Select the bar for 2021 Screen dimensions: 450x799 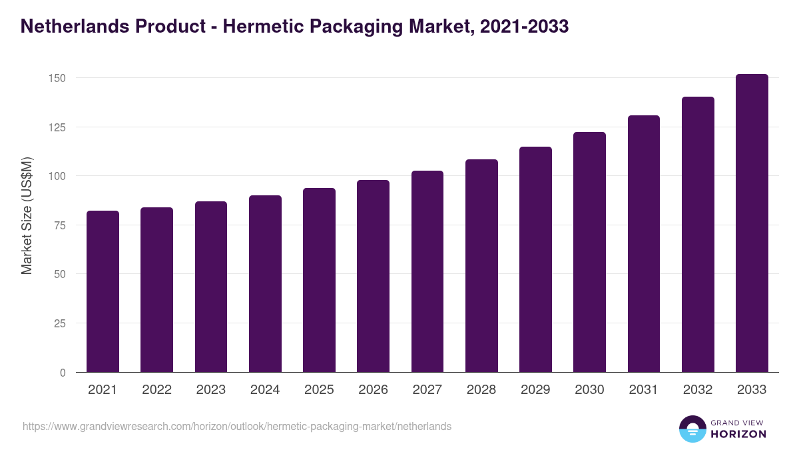point(103,291)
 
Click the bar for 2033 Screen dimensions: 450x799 point(752,223)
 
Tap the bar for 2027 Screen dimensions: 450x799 point(427,271)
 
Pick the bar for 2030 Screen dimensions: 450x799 point(589,252)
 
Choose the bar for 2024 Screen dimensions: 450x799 point(265,283)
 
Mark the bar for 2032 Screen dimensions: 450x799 point(698,235)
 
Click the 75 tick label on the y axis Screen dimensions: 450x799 point(60,225)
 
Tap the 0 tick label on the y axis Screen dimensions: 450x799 point(63,373)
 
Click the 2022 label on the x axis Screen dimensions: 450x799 point(156,390)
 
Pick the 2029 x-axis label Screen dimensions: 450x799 point(535,390)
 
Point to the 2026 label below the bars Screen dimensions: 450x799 point(373,390)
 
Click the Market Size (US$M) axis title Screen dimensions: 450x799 point(27,215)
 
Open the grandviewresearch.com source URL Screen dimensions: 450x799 point(237,426)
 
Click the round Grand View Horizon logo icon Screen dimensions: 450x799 point(692,429)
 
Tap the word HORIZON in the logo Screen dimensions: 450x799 point(738,434)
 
